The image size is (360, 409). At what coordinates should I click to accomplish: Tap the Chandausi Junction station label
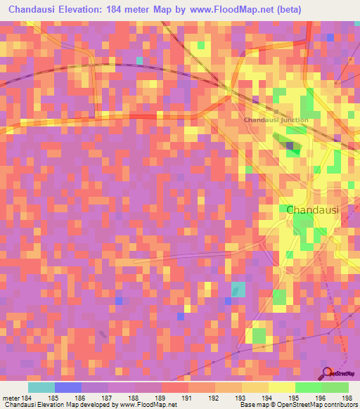pos(276,119)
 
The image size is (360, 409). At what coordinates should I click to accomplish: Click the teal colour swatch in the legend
pos(41,387)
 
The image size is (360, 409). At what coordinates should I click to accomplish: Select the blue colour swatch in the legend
pos(67,387)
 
